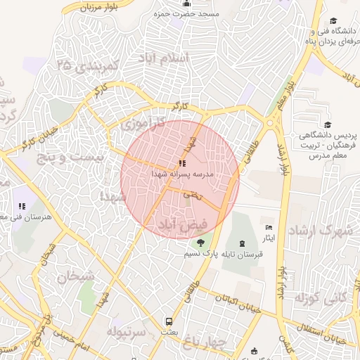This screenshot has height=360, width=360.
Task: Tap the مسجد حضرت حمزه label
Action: click(x=190, y=14)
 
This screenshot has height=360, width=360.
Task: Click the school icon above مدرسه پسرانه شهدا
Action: click(x=183, y=164)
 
